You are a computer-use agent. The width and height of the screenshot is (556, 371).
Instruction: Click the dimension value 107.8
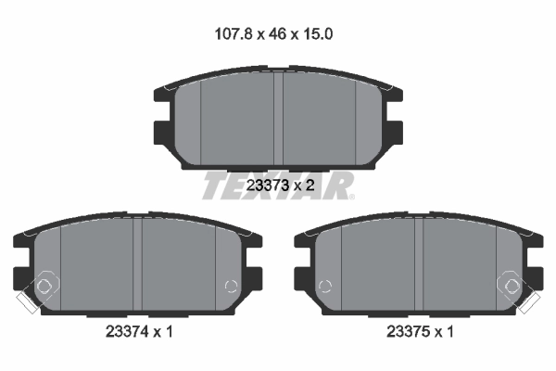[234, 34]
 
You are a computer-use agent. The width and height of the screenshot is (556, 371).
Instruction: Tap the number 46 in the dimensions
[277, 34]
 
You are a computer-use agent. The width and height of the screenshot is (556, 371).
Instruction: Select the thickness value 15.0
[317, 34]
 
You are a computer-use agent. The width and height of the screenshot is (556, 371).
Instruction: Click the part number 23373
[268, 185]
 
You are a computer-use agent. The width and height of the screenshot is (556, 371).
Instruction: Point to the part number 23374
[127, 332]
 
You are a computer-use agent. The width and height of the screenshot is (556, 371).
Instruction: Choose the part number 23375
[408, 332]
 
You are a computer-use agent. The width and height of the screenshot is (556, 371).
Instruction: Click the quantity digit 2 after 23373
[310, 185]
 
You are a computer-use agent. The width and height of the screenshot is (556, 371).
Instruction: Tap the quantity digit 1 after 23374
[169, 332]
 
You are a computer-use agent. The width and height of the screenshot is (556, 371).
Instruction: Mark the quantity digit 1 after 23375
[449, 332]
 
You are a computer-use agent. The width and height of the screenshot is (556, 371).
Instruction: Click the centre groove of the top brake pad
[278, 119]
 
